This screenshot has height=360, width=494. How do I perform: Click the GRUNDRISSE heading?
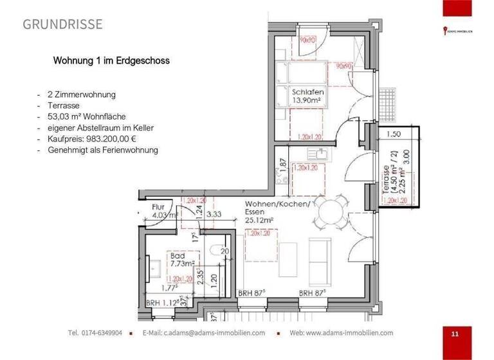pyautogui.click(x=62, y=25)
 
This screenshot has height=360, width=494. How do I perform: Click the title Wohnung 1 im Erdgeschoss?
pyautogui.click(x=111, y=62)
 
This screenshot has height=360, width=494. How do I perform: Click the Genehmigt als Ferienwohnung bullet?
pyautogui.click(x=103, y=150)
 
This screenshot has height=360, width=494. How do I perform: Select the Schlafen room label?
pyautogui.click(x=307, y=92)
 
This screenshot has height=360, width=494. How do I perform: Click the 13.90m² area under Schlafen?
pyautogui.click(x=307, y=101)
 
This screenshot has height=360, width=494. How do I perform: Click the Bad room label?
pyautogui.click(x=177, y=255)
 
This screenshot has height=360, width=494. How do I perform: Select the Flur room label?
pyautogui.click(x=158, y=207)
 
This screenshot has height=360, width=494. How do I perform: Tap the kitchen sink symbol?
pyautogui.click(x=317, y=154)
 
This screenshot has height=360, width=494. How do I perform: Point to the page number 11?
pyautogui.click(x=455, y=334)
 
